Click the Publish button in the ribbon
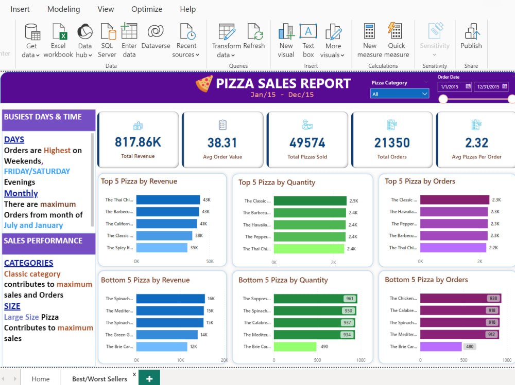click(471, 36)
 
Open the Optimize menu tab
click(147, 9)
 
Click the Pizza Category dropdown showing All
click(400, 94)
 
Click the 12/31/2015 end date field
click(491, 87)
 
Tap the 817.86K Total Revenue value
click(138, 142)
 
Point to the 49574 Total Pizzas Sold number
click(307, 142)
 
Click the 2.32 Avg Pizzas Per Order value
click(476, 142)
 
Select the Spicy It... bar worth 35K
click(161, 248)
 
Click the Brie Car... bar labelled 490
click(295, 346)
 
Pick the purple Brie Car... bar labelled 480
click(441, 346)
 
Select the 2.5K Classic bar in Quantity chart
click(310, 201)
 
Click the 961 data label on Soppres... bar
click(350, 299)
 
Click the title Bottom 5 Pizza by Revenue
click(145, 280)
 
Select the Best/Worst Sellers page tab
click(99, 379)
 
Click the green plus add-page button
click(149, 378)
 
